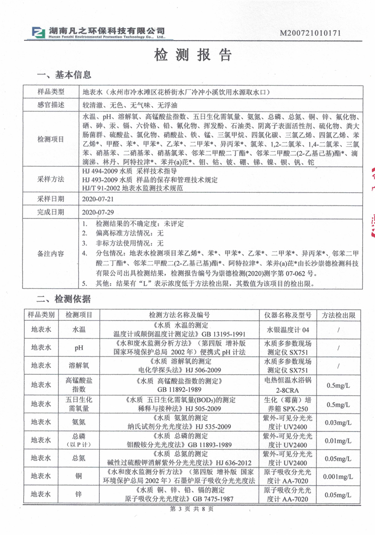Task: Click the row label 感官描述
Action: click(51, 105)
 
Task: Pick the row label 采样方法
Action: click(51, 179)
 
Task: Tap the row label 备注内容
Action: click(51, 253)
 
